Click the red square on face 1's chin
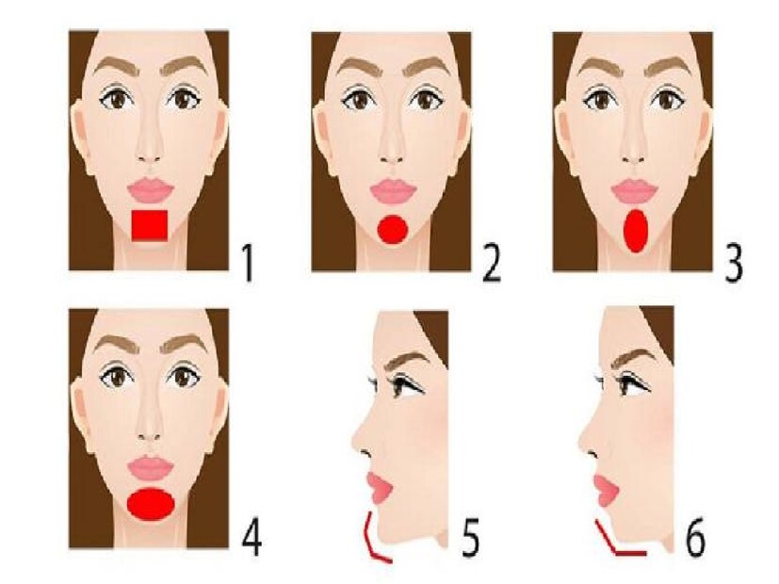point(149,225)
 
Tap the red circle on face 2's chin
point(393,229)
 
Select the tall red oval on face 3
point(637,231)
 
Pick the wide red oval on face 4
point(151,505)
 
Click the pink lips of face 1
point(151,191)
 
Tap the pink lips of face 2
point(393,191)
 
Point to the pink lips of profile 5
point(379,488)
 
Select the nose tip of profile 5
point(355,440)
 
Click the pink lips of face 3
point(635,191)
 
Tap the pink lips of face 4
point(151,468)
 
